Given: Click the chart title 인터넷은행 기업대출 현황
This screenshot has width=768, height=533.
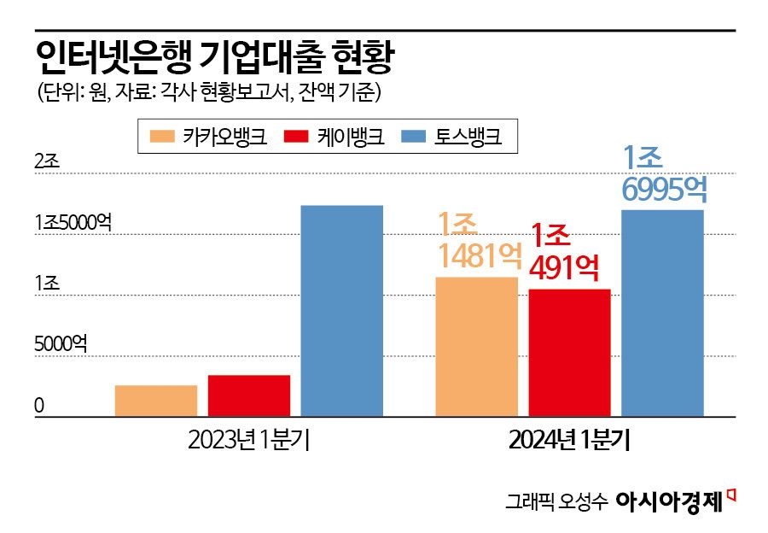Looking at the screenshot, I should click(x=215, y=58).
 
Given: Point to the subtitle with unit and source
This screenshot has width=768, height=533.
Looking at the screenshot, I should click(x=209, y=92).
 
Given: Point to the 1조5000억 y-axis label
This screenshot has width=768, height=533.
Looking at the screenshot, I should click(x=73, y=222).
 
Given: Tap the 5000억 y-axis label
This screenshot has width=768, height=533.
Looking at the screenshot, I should click(x=61, y=344).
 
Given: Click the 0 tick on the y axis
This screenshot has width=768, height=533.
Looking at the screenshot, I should click(x=39, y=407).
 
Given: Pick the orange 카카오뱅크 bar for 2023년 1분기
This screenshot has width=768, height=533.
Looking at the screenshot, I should click(x=156, y=401).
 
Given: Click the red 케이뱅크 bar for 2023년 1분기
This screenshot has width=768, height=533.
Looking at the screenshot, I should click(x=249, y=395).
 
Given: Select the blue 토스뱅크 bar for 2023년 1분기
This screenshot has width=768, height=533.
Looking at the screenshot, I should click(x=341, y=311).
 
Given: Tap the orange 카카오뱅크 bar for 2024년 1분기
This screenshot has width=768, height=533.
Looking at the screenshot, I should click(x=477, y=347).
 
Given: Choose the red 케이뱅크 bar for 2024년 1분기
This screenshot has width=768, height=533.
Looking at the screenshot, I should click(x=570, y=353).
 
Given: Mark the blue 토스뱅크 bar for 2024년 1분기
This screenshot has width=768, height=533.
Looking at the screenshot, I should click(x=663, y=313).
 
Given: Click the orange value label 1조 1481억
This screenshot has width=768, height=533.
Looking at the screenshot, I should click(x=478, y=241).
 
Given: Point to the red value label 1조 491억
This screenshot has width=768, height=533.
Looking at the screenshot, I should click(x=563, y=251).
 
